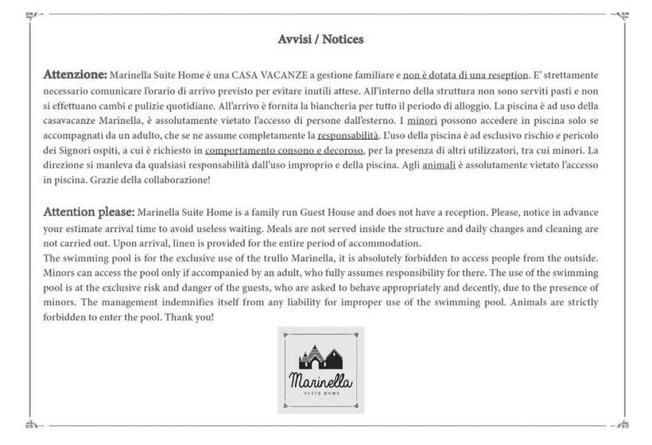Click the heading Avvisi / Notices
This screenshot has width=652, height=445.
(x=321, y=39)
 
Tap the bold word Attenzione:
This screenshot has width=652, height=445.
(x=75, y=74)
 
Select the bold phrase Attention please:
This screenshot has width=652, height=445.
(x=89, y=212)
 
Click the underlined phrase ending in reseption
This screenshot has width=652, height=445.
(x=465, y=75)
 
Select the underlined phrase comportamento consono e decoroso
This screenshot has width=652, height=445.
(x=284, y=150)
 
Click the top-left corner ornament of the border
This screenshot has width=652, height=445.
(x=33, y=15)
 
